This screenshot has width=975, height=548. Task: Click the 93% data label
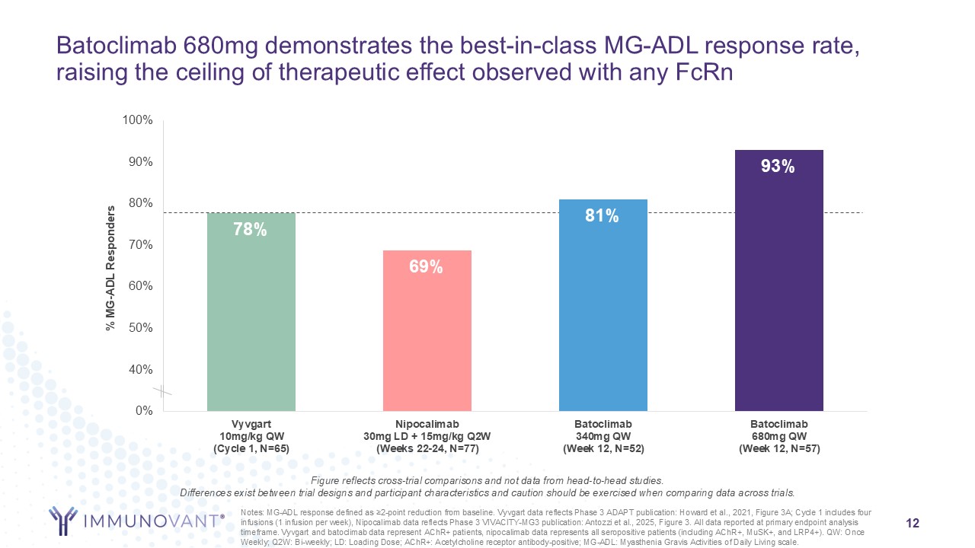(778, 167)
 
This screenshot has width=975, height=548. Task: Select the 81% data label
(602, 216)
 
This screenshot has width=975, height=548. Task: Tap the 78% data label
(250, 229)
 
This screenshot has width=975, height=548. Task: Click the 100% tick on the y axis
(139, 120)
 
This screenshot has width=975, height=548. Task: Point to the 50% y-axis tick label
(141, 328)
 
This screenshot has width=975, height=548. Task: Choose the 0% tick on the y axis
(144, 411)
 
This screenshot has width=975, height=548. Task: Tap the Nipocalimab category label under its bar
(427, 436)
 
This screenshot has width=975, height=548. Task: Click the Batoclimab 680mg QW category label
(778, 436)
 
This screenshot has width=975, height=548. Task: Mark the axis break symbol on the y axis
(164, 392)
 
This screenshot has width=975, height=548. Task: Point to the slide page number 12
(913, 524)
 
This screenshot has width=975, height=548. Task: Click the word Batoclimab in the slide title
(117, 46)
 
